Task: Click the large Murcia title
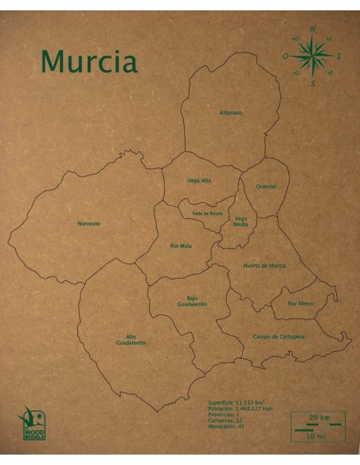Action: click(x=88, y=61)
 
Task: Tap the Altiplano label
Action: click(x=231, y=113)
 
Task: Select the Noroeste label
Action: click(x=89, y=224)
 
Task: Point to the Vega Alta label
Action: click(x=199, y=181)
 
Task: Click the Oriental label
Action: click(x=265, y=186)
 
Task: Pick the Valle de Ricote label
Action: click(x=206, y=213)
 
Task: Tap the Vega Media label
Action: click(x=241, y=221)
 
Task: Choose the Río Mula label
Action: click(x=181, y=246)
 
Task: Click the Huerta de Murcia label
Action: click(x=264, y=265)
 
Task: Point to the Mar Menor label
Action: click(x=300, y=303)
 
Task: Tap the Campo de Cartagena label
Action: click(x=279, y=337)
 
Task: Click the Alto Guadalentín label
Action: click(x=131, y=340)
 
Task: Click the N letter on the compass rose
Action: click(x=312, y=30)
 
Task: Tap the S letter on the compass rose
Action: click(x=313, y=83)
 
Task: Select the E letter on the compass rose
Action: click(x=339, y=57)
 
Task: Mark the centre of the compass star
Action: click(x=312, y=57)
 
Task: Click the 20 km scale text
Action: click(x=319, y=417)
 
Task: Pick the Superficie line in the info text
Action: click(x=236, y=403)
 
